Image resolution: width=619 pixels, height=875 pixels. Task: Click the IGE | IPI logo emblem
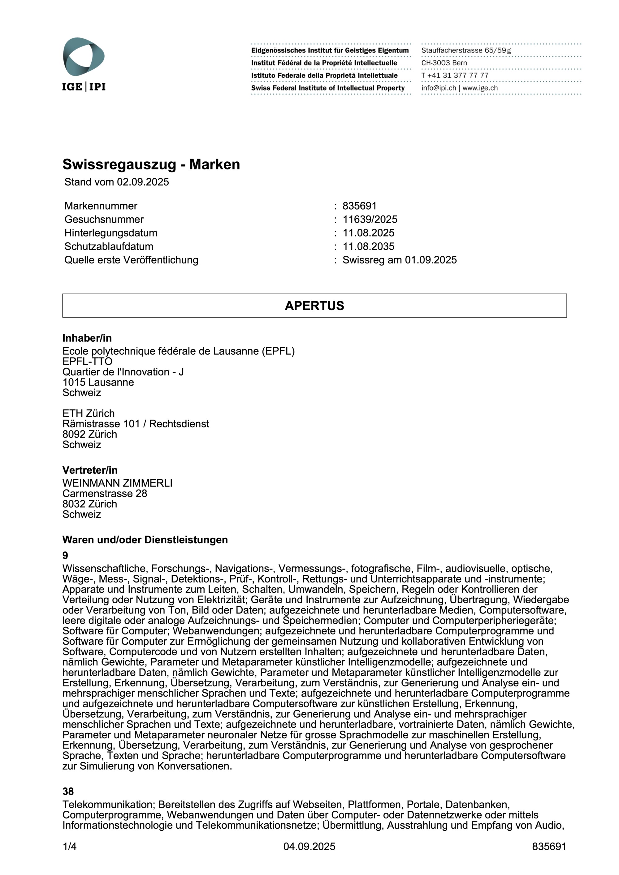tap(84, 57)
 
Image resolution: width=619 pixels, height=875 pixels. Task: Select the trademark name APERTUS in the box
tap(314, 306)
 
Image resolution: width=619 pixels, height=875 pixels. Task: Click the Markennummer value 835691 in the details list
tap(359, 206)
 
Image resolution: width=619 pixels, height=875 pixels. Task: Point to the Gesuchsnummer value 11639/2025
tap(370, 220)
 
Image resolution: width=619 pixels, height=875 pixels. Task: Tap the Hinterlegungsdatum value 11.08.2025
tap(368, 233)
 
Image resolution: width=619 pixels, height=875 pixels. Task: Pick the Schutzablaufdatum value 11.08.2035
tap(368, 246)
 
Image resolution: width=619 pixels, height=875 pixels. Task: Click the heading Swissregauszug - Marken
tap(151, 164)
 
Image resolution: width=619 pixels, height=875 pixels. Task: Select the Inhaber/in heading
tap(87, 338)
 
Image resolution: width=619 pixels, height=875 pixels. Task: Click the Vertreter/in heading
tap(90, 470)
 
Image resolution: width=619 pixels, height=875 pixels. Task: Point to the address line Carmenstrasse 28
tap(105, 493)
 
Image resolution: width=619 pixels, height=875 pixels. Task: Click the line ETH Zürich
tap(89, 413)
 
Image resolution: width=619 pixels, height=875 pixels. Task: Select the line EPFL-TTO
tap(87, 361)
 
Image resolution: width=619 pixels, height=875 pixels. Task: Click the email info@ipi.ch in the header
tap(439, 88)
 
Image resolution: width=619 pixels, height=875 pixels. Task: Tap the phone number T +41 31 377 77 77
tap(455, 75)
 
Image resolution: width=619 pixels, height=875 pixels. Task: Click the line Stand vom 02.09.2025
tap(116, 182)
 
